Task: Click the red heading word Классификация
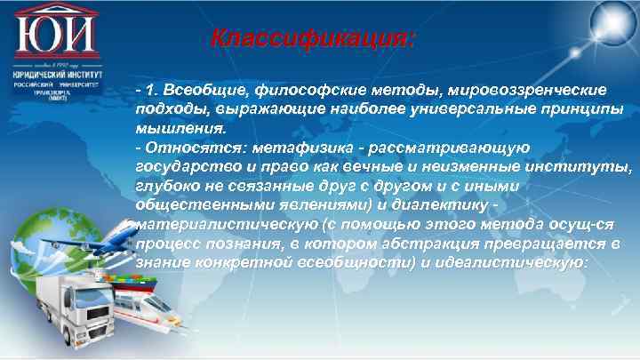[x=313, y=40]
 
